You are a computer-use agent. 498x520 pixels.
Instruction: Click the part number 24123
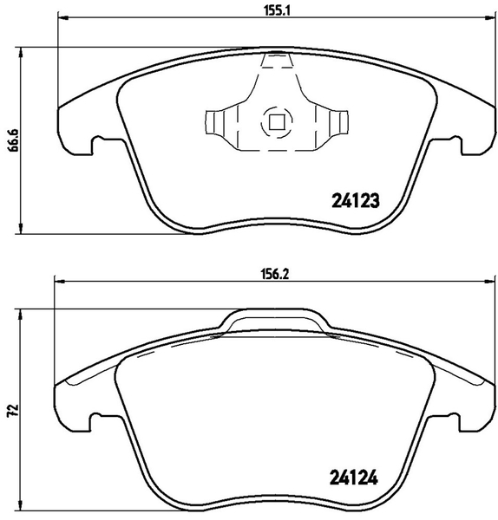point(357,202)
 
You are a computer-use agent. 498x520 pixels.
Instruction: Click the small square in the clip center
point(276,121)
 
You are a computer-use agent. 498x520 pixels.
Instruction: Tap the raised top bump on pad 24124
point(275,318)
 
